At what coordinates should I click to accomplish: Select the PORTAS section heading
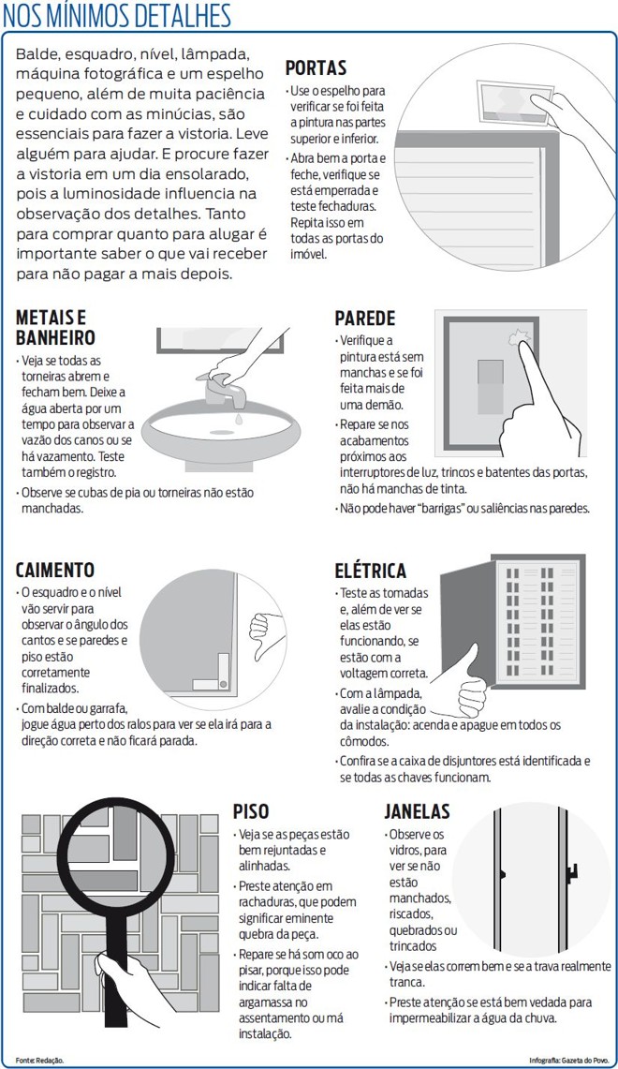(x=316, y=67)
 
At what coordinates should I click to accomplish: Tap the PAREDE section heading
(x=365, y=319)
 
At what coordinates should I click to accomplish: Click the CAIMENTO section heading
(x=55, y=570)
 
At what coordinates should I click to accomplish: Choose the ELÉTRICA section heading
(x=371, y=571)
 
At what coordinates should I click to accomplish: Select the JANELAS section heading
(x=417, y=811)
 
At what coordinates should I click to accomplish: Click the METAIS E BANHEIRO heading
(x=55, y=327)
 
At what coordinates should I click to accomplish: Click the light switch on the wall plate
(x=491, y=384)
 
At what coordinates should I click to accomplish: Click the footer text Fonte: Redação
(x=39, y=1059)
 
